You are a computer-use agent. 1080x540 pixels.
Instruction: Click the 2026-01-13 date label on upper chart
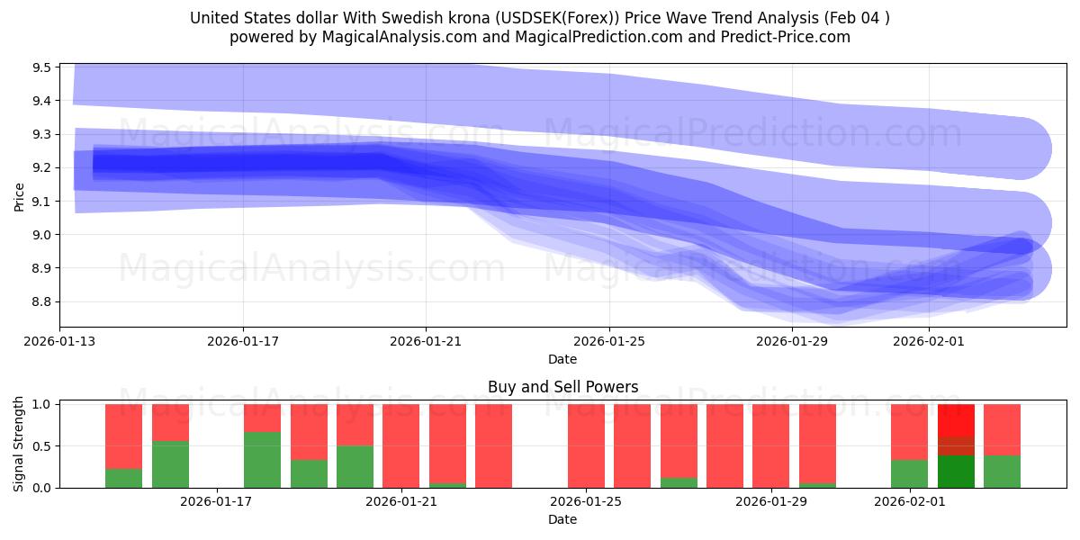(x=60, y=342)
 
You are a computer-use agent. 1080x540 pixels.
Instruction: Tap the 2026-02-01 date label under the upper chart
(x=929, y=342)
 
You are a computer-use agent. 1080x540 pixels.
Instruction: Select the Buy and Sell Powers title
(x=562, y=388)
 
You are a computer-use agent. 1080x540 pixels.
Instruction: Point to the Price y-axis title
(x=19, y=195)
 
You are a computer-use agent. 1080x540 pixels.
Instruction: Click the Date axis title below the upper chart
(x=562, y=359)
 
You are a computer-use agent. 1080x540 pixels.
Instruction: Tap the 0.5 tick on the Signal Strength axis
(x=43, y=446)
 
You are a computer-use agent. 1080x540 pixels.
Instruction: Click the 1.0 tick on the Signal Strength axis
(x=43, y=404)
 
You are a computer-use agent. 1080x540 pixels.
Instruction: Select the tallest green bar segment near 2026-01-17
(x=262, y=460)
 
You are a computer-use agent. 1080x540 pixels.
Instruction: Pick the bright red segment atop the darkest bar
(x=956, y=420)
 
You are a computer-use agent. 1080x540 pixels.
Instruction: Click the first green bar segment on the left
(x=123, y=478)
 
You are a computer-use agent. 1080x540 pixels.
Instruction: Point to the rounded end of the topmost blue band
(x=1026, y=148)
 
